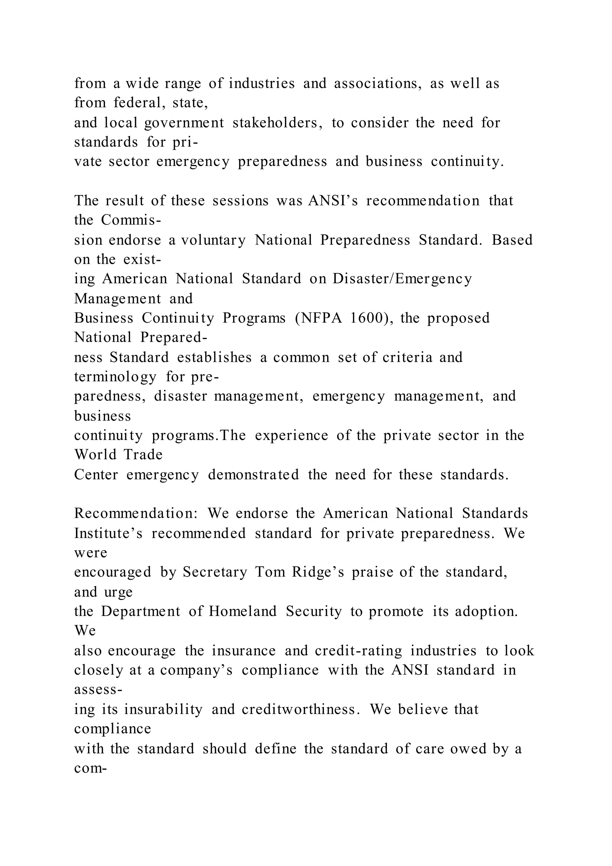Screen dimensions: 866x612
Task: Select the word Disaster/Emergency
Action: [402, 279]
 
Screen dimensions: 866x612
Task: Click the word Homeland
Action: [243, 612]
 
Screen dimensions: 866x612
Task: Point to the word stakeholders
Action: [277, 123]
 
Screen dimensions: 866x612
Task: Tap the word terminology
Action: [115, 377]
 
